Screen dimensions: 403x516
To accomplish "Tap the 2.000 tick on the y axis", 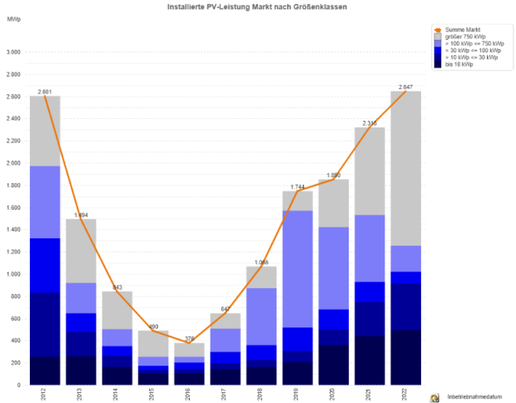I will (12, 163).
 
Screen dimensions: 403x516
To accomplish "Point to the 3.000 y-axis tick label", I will (12, 52).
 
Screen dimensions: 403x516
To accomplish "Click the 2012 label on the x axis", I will (45, 394).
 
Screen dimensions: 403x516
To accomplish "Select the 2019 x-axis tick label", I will (297, 394).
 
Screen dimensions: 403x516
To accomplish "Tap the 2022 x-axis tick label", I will (405, 394).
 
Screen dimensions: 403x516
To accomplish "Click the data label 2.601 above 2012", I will (45, 91).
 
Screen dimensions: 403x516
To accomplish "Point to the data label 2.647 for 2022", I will (405, 86).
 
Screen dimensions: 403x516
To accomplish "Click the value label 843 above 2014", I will (117, 286).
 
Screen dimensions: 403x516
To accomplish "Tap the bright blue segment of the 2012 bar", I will (45, 265).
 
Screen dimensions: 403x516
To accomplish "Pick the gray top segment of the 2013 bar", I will (81, 251).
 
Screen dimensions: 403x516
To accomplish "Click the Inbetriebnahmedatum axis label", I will (471, 397).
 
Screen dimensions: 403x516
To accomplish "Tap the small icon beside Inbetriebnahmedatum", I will (434, 397).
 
